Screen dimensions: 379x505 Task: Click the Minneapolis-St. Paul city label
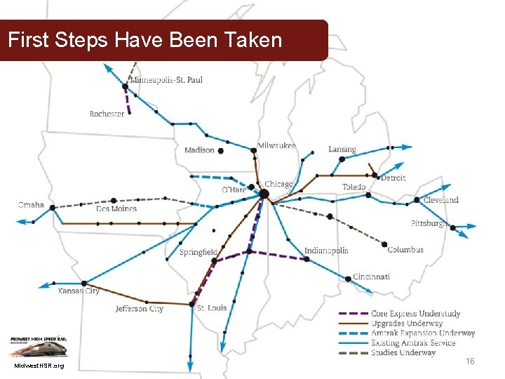[x=166, y=79]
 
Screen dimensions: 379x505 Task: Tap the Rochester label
[x=107, y=114]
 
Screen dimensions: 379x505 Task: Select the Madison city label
[x=199, y=150]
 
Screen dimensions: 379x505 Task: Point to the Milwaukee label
[x=276, y=145]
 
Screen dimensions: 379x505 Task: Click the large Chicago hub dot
[x=264, y=193]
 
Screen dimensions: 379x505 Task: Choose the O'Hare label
[x=234, y=189]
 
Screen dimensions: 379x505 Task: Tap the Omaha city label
[x=31, y=205]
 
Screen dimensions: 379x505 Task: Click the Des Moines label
[x=116, y=208]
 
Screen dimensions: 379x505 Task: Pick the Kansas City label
[x=79, y=291]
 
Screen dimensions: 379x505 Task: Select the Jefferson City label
[x=140, y=308]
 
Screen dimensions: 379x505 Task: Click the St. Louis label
[x=211, y=307]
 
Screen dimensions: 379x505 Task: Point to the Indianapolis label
[x=326, y=251]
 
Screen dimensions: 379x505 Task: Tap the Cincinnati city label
[x=371, y=277]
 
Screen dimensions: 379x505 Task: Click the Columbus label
[x=405, y=249]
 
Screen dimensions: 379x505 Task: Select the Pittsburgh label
[x=427, y=223]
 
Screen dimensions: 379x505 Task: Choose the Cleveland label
[x=440, y=199]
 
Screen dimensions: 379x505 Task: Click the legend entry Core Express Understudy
[x=416, y=314]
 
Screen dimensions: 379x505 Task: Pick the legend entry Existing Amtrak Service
[x=413, y=343]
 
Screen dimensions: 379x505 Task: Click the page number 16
[x=470, y=361]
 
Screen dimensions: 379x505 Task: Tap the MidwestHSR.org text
[x=39, y=366]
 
